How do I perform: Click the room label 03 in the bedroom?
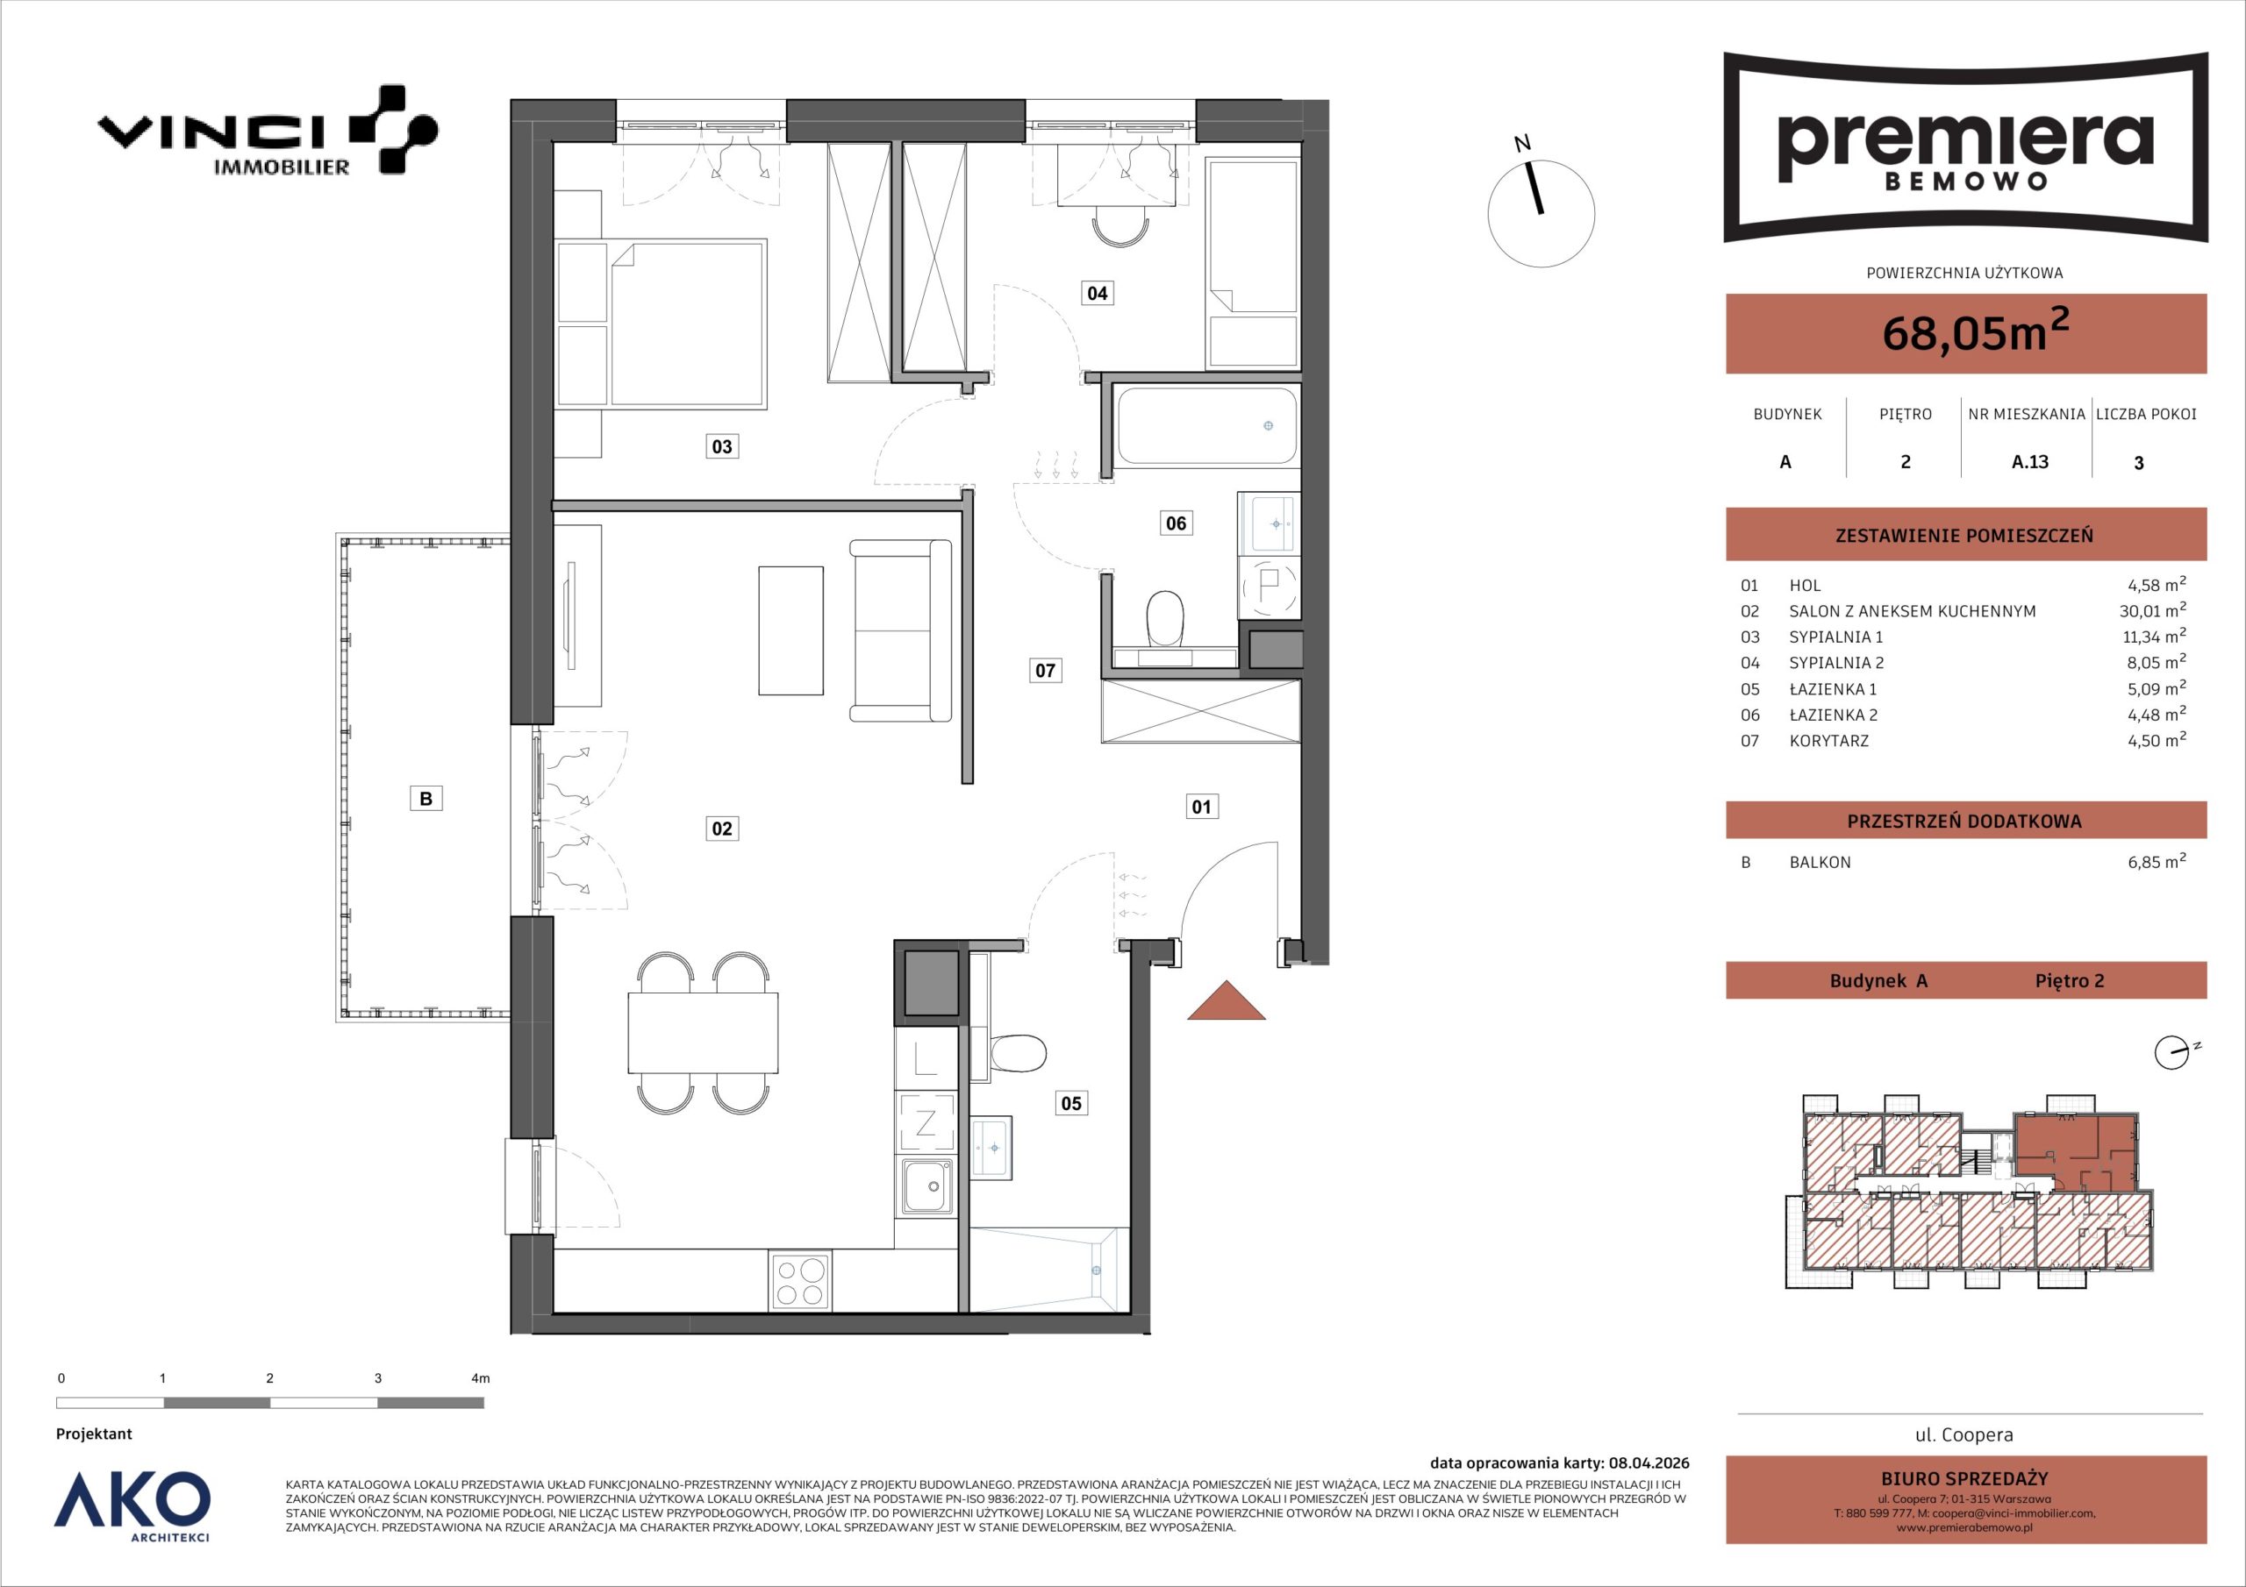point(721,447)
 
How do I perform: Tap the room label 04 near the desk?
point(1097,292)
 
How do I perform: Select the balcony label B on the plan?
point(426,799)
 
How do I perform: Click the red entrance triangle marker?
point(1226,1000)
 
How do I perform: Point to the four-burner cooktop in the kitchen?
point(800,1281)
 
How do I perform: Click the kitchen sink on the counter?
point(926,1187)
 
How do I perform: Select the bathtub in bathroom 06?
point(1207,426)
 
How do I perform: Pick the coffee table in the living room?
point(790,630)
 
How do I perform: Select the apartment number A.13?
point(2030,461)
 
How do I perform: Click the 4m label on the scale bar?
point(480,1378)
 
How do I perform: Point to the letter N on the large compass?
point(1522,144)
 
